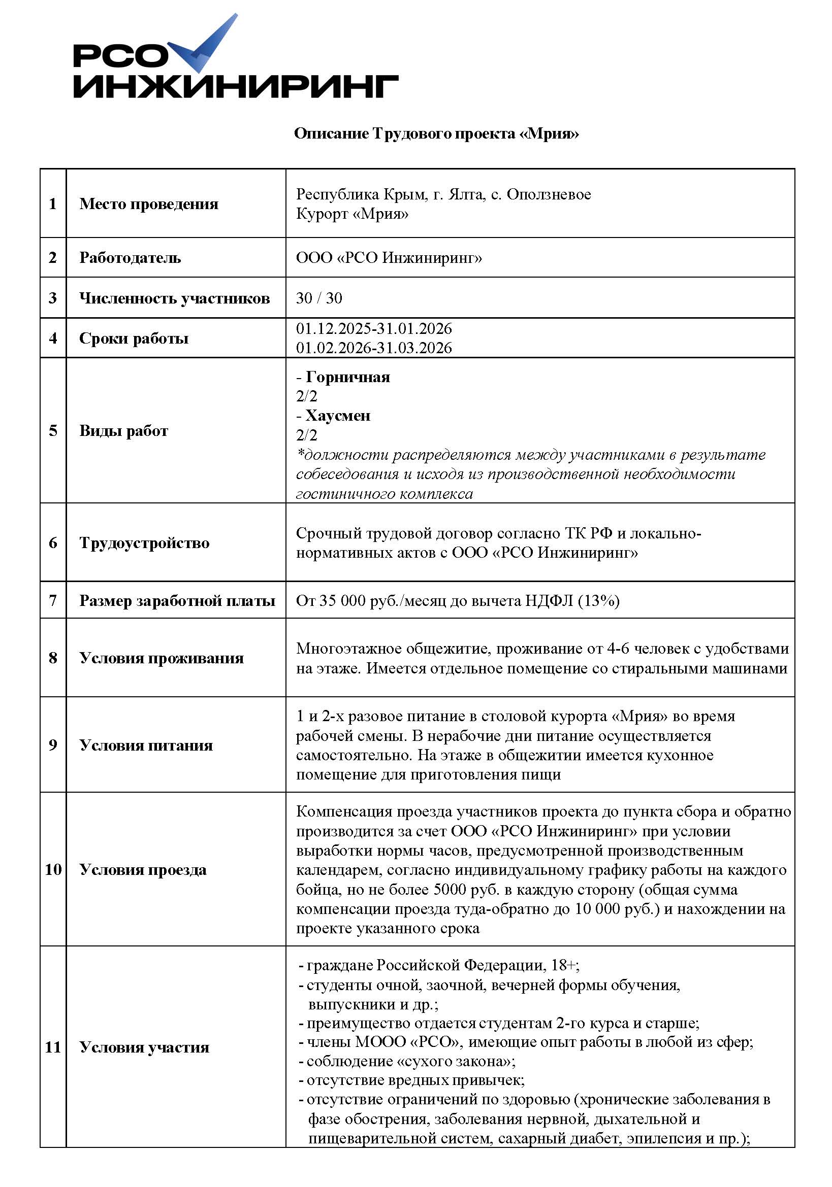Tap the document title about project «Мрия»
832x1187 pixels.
coord(436,133)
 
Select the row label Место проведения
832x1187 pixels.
coord(148,204)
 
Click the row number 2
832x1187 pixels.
coord(53,257)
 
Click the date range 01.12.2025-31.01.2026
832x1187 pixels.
coord(373,328)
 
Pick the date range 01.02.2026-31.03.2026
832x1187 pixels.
coord(373,348)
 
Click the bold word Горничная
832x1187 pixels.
coord(348,377)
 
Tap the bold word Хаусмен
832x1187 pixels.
coord(338,416)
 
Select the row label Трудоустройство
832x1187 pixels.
coord(144,543)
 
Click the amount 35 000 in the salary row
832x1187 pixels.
coord(342,600)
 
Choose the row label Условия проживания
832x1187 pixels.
coord(161,658)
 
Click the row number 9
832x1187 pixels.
coord(53,745)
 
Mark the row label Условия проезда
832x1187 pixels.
coord(143,870)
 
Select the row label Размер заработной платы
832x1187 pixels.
coord(177,600)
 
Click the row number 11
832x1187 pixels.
coord(53,1047)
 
